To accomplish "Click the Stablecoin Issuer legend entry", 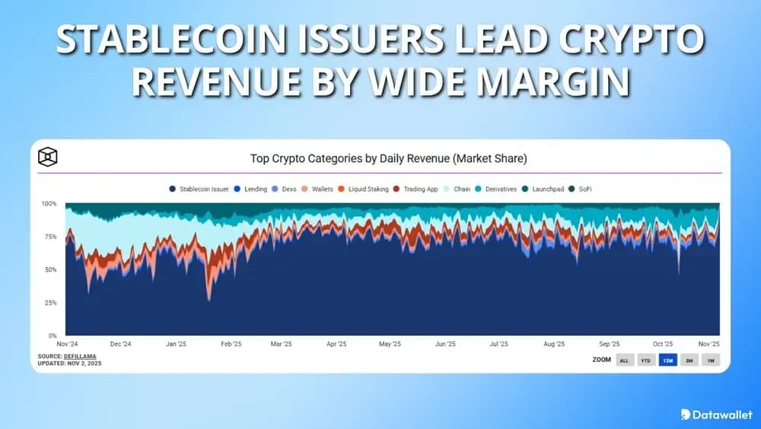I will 200,189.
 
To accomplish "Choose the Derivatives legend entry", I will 498,189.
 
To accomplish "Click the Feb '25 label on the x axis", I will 231,344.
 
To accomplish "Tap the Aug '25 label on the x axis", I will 555,344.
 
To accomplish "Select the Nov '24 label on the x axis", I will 67,344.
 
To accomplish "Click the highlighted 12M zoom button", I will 667,360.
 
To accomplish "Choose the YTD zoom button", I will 646,360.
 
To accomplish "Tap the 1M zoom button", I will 710,360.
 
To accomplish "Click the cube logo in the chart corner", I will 48,157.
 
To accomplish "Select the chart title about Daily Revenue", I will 388,158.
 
